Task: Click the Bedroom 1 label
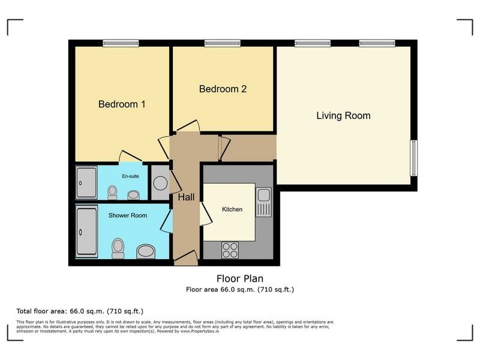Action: [x=122, y=104]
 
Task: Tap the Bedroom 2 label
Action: [x=223, y=89]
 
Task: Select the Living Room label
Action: [x=343, y=116]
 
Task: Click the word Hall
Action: [x=186, y=197]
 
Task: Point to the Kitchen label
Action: [x=232, y=209]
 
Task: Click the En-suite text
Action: [x=130, y=176]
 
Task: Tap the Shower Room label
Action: [x=128, y=215]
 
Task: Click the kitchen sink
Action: [x=263, y=202]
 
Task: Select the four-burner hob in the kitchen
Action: [x=230, y=250]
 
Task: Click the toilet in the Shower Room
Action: [x=118, y=248]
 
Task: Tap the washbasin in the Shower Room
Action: [x=146, y=251]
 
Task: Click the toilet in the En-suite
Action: [x=112, y=193]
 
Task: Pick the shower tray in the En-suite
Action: [x=86, y=183]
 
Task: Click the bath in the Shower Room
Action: [x=87, y=232]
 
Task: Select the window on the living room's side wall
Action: [x=413, y=158]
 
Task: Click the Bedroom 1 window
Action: [x=121, y=43]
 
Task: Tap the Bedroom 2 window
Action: [x=223, y=43]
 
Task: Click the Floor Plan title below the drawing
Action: [x=240, y=278]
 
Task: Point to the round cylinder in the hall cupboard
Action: [x=160, y=183]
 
